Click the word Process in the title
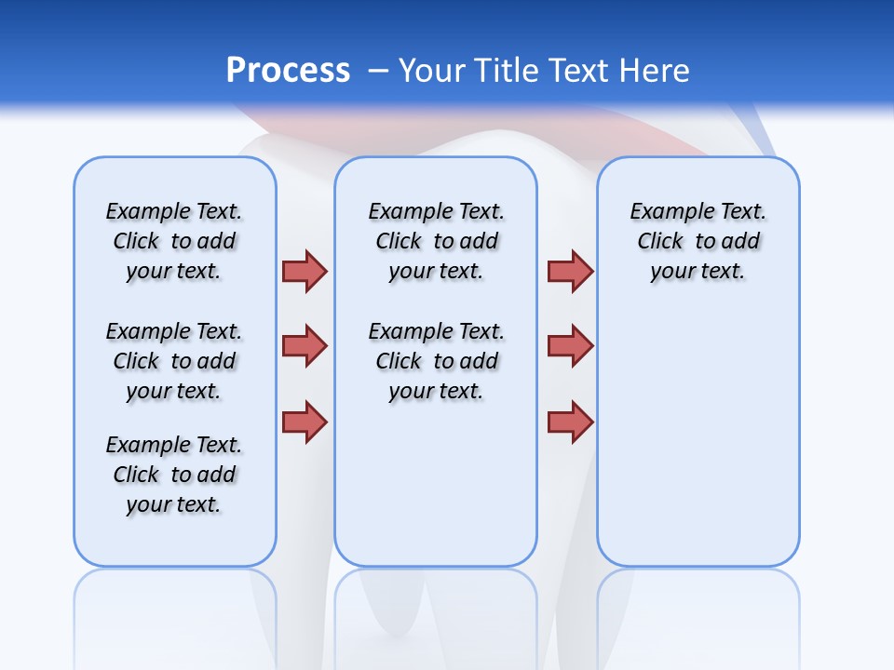pos(288,71)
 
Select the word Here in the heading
pos(656,71)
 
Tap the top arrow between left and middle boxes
pos(305,271)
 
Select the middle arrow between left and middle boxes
pos(305,346)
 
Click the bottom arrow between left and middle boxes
pos(305,422)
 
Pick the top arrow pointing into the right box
pos(570,271)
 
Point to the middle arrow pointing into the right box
pos(570,346)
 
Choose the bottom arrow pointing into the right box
pos(570,422)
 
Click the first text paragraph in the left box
pos(174,241)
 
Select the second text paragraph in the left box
pos(174,361)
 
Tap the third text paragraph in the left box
pos(174,475)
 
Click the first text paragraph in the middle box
pos(436,241)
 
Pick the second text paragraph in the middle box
pos(436,361)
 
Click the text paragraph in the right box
pos(698,241)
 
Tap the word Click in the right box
pos(660,242)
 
